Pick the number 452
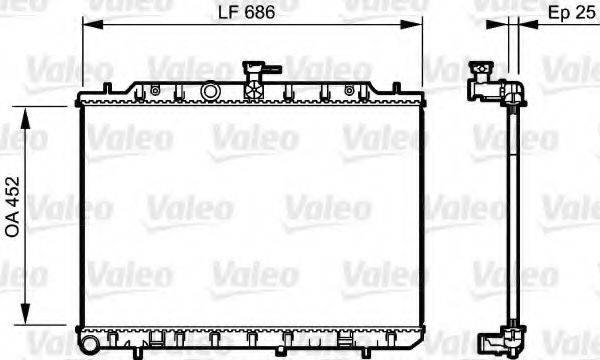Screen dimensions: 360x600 pyautogui.click(x=13, y=203)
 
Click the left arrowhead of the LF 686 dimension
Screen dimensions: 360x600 pyautogui.click(x=87, y=25)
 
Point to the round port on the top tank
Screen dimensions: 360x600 pyautogui.click(x=210, y=91)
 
